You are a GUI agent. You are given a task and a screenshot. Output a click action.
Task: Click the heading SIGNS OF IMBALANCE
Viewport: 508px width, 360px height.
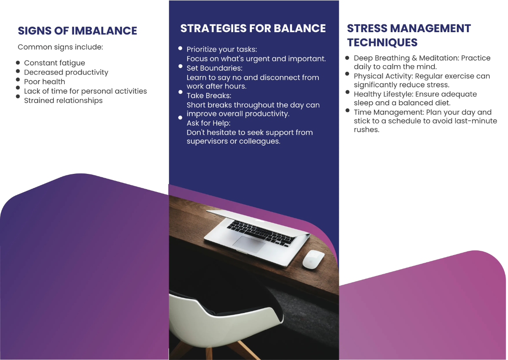[77, 31]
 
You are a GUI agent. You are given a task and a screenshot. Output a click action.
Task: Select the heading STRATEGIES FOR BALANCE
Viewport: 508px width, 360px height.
[253, 28]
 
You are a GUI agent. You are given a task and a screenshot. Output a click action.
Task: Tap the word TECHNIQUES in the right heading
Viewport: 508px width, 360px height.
[382, 42]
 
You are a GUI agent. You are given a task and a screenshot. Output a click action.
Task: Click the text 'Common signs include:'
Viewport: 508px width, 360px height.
[61, 47]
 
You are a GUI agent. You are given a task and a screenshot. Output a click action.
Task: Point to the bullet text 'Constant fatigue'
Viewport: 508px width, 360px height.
[55, 63]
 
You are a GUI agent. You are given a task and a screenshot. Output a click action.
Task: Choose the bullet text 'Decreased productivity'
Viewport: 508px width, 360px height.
[66, 72]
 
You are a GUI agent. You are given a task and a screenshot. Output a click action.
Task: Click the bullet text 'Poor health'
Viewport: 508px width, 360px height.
[44, 82]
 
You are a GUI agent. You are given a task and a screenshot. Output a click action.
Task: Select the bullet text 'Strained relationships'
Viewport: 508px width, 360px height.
[63, 100]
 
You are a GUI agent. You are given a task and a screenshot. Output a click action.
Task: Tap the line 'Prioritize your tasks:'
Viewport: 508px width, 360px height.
[222, 49]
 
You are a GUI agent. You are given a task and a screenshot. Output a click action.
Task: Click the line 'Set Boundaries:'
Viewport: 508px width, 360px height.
[208, 68]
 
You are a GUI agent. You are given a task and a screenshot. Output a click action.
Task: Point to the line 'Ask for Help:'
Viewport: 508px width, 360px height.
[208, 123]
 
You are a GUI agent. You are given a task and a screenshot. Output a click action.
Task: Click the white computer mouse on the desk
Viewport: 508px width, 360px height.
[313, 259]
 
